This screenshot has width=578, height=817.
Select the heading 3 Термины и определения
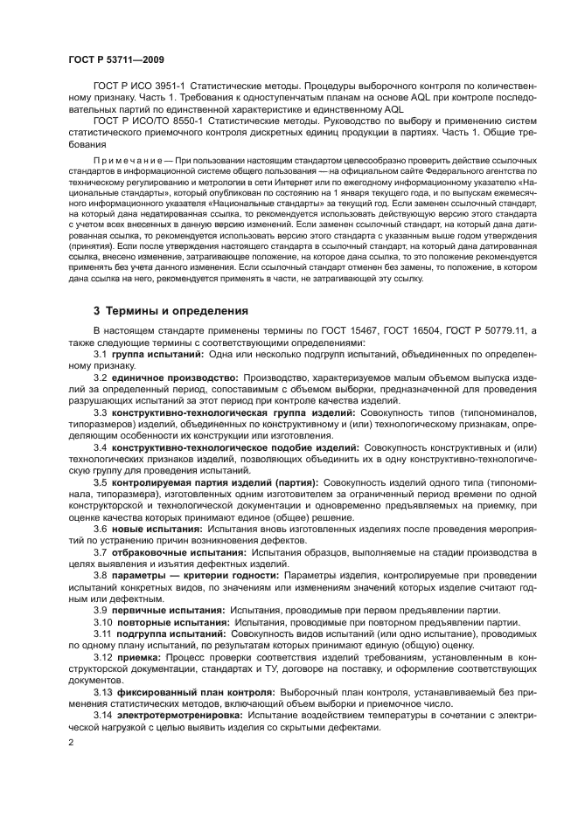coord(171,310)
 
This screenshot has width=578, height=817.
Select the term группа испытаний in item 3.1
coord(149,355)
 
